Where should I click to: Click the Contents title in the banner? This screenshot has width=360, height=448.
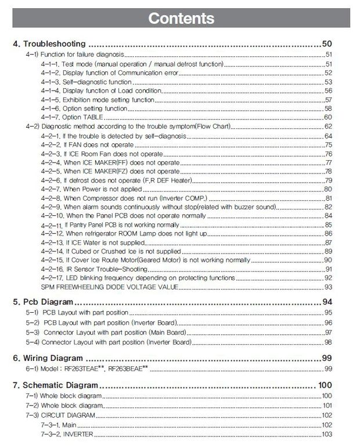pyautogui.click(x=181, y=19)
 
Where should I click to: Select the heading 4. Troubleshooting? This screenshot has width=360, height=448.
pyautogui.click(x=49, y=44)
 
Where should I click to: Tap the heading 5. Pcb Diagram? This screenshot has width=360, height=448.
pyautogui.click(x=43, y=302)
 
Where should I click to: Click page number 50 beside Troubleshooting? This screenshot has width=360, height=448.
pyautogui.click(x=326, y=44)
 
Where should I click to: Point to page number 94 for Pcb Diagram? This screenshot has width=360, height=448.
pyautogui.click(x=326, y=302)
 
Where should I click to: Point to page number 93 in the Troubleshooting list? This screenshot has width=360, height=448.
pyautogui.click(x=328, y=287)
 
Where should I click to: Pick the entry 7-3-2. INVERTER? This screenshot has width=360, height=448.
pyautogui.click(x=67, y=434)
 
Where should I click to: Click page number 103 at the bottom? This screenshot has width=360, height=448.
pyautogui.click(x=326, y=434)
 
